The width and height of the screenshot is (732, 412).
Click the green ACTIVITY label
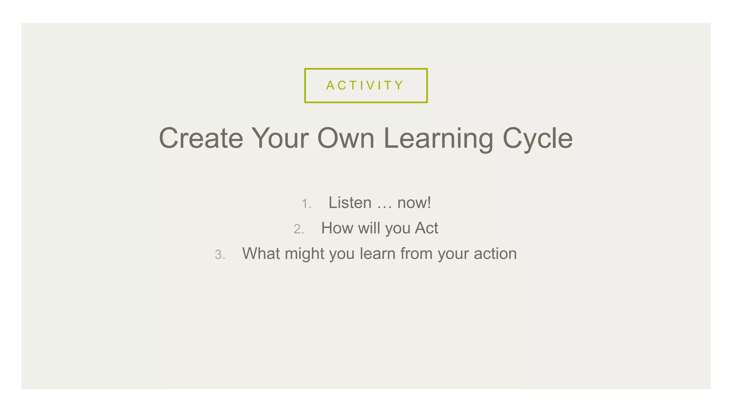point(365,85)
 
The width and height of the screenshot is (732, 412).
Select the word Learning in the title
point(438,139)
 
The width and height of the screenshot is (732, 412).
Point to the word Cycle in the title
point(538,139)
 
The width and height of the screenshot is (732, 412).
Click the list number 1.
point(306,204)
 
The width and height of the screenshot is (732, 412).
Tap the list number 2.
point(298,229)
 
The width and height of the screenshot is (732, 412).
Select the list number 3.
point(219,255)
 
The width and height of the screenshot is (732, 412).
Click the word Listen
point(350,203)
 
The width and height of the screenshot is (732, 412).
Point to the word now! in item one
point(414,203)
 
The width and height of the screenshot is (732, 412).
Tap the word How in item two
point(337,228)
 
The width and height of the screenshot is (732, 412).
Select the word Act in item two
point(426,228)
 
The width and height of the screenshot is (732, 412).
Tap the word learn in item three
point(377,254)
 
